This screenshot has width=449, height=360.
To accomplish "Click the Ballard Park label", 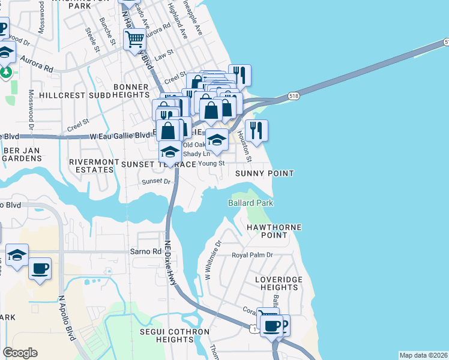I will pos(250,203).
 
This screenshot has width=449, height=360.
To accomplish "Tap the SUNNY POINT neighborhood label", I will pos(264,173).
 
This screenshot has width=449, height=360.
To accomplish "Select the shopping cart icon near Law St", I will pos(135,40).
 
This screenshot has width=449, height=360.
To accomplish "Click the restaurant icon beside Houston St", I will pos(256,130).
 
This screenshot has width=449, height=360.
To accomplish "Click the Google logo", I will pos(20,353).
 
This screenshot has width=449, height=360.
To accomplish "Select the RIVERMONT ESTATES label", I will pos(91,166).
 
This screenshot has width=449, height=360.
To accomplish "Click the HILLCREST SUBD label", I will pos(74,95).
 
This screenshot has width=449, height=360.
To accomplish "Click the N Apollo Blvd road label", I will pos(67,318).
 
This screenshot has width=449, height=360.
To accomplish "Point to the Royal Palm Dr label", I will pos(253,255).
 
